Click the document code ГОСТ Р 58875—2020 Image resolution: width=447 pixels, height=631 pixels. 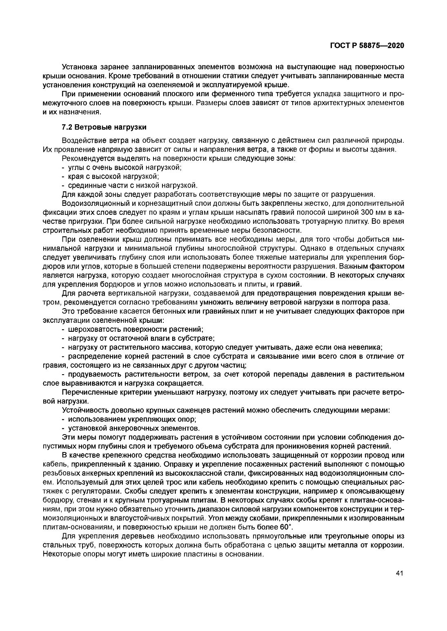[x=367, y=46]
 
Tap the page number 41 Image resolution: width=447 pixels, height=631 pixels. [x=400, y=573]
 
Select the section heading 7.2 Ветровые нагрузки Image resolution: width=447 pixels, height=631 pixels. [x=104, y=128]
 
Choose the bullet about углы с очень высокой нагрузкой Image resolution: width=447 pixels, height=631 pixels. [x=122, y=167]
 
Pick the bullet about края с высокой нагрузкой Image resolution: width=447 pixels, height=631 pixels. [x=110, y=176]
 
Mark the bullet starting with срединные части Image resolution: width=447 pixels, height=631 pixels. [x=129, y=185]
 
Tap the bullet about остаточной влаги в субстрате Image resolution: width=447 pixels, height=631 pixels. [x=138, y=338]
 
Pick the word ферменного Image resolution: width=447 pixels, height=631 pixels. [x=185, y=93]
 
